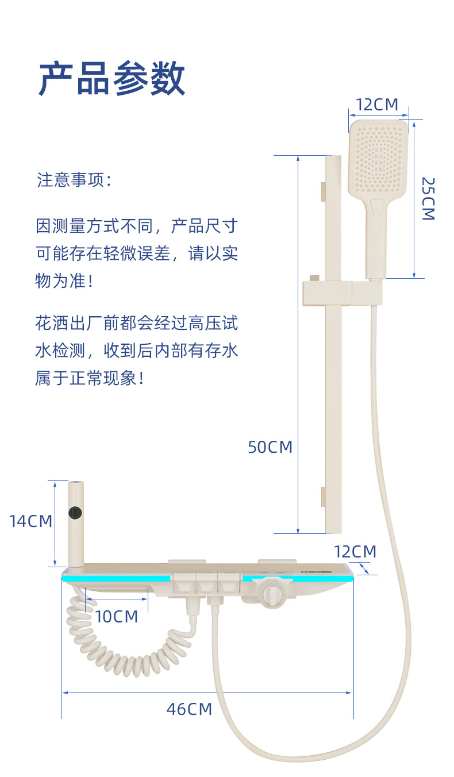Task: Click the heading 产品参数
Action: [112, 79]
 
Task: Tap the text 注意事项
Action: [71, 180]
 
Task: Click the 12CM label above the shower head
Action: [376, 105]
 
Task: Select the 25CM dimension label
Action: [428, 198]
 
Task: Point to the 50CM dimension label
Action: [270, 447]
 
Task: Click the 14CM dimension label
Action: [30, 521]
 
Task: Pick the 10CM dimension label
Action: [117, 617]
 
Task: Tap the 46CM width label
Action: [189, 709]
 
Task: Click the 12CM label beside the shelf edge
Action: [355, 552]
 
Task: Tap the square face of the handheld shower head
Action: [378, 156]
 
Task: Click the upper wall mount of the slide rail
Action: [323, 192]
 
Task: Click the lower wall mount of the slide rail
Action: [323, 497]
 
